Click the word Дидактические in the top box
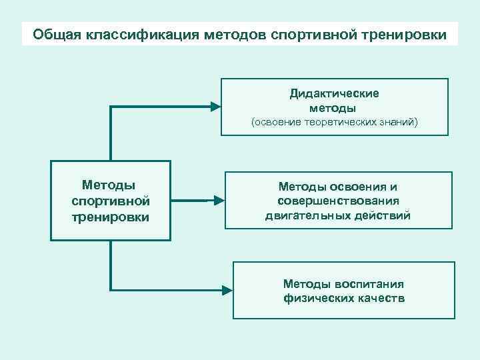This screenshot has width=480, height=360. pyautogui.click(x=334, y=93)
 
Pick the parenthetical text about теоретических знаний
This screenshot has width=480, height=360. pyautogui.click(x=334, y=123)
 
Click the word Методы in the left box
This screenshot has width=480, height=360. pyautogui.click(x=109, y=185)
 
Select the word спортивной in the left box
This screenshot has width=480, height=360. pyautogui.click(x=109, y=201)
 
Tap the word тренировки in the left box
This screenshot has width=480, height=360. pyautogui.click(x=109, y=217)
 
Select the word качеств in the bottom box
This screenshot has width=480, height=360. pyautogui.click(x=379, y=298)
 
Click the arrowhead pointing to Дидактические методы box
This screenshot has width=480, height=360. pyautogui.click(x=215, y=105)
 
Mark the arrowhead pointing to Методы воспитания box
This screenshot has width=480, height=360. pyautogui.click(x=227, y=290)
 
